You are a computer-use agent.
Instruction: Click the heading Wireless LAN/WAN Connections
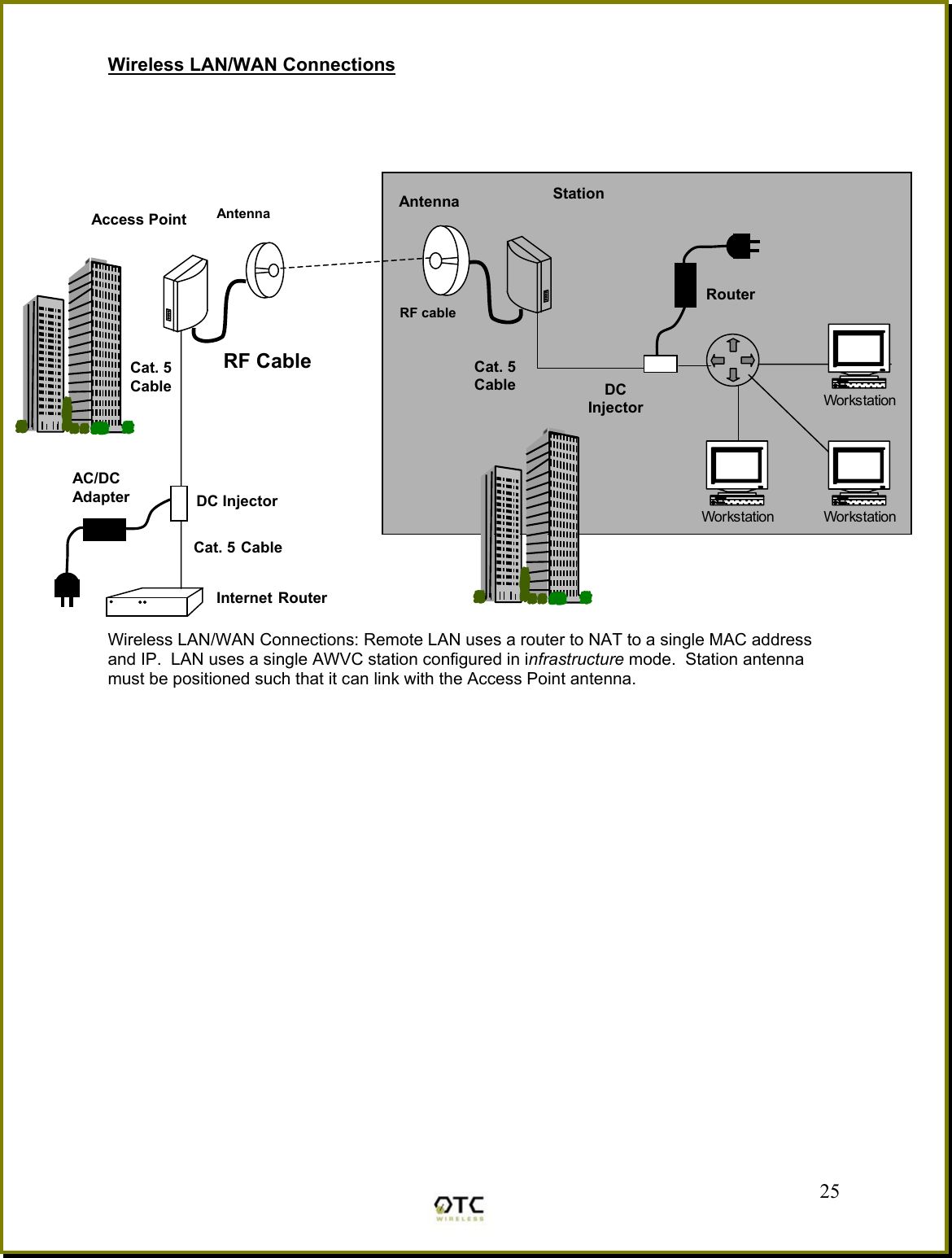(x=251, y=65)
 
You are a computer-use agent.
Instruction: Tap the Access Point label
(x=138, y=220)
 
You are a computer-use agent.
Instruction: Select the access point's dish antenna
(x=265, y=270)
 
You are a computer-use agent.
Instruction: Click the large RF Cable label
(x=267, y=361)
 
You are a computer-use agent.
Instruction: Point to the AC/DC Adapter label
(x=100, y=487)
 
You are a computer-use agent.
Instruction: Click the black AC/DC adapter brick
(x=104, y=530)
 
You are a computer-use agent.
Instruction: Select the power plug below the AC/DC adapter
(x=67, y=588)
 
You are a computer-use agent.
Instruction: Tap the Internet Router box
(x=154, y=603)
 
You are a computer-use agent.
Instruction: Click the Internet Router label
(x=271, y=598)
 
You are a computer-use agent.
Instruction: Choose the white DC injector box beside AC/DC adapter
(x=179, y=503)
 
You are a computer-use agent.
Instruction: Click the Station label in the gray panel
(x=579, y=194)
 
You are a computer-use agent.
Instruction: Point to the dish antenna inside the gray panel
(x=446, y=260)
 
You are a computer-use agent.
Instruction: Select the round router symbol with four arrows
(x=732, y=360)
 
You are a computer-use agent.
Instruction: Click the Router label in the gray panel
(x=730, y=295)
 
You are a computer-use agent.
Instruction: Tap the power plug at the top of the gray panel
(x=742, y=245)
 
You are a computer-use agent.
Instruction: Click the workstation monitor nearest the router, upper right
(x=858, y=350)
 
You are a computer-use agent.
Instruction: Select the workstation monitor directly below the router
(x=736, y=467)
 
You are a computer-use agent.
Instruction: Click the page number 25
(x=829, y=1191)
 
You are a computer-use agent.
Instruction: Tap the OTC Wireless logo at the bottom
(x=460, y=1208)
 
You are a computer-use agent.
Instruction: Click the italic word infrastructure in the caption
(x=575, y=659)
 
